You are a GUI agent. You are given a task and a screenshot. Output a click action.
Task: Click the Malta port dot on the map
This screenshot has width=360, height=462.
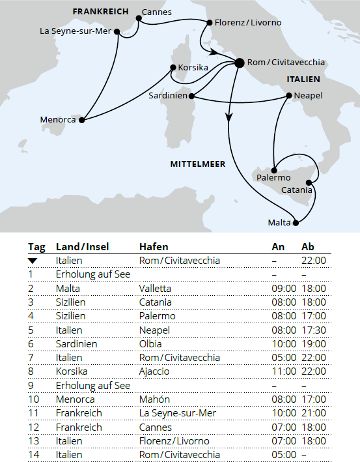296,224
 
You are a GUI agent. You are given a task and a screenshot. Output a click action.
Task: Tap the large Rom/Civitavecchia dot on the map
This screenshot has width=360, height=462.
239,63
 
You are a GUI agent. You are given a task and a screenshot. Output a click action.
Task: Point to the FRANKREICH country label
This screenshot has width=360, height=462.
101,12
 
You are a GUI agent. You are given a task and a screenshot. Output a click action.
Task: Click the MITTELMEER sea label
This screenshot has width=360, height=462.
198,164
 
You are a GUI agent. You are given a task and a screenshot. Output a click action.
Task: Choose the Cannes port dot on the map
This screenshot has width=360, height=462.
139,18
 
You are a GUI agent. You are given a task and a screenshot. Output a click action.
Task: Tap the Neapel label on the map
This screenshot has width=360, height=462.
307,95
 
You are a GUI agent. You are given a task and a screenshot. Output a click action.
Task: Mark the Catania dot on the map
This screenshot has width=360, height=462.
316,182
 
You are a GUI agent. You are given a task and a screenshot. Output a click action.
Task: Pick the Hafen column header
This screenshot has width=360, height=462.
154,247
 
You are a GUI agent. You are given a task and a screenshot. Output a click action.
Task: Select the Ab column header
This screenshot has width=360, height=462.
308,247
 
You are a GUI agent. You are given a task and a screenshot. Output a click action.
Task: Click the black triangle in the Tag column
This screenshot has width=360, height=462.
33,261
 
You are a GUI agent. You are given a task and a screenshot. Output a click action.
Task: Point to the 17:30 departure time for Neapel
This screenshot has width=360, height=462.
313,330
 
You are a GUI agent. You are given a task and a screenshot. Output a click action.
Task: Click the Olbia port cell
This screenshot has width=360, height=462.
150,343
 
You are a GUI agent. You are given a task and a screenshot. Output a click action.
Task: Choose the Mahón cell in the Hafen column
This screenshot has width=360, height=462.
154,399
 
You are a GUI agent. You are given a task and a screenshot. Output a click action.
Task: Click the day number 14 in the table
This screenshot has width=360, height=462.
33,454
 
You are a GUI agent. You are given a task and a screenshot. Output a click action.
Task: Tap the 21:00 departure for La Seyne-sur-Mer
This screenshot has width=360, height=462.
313,413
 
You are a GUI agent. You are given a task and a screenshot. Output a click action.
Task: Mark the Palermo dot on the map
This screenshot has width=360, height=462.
275,168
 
